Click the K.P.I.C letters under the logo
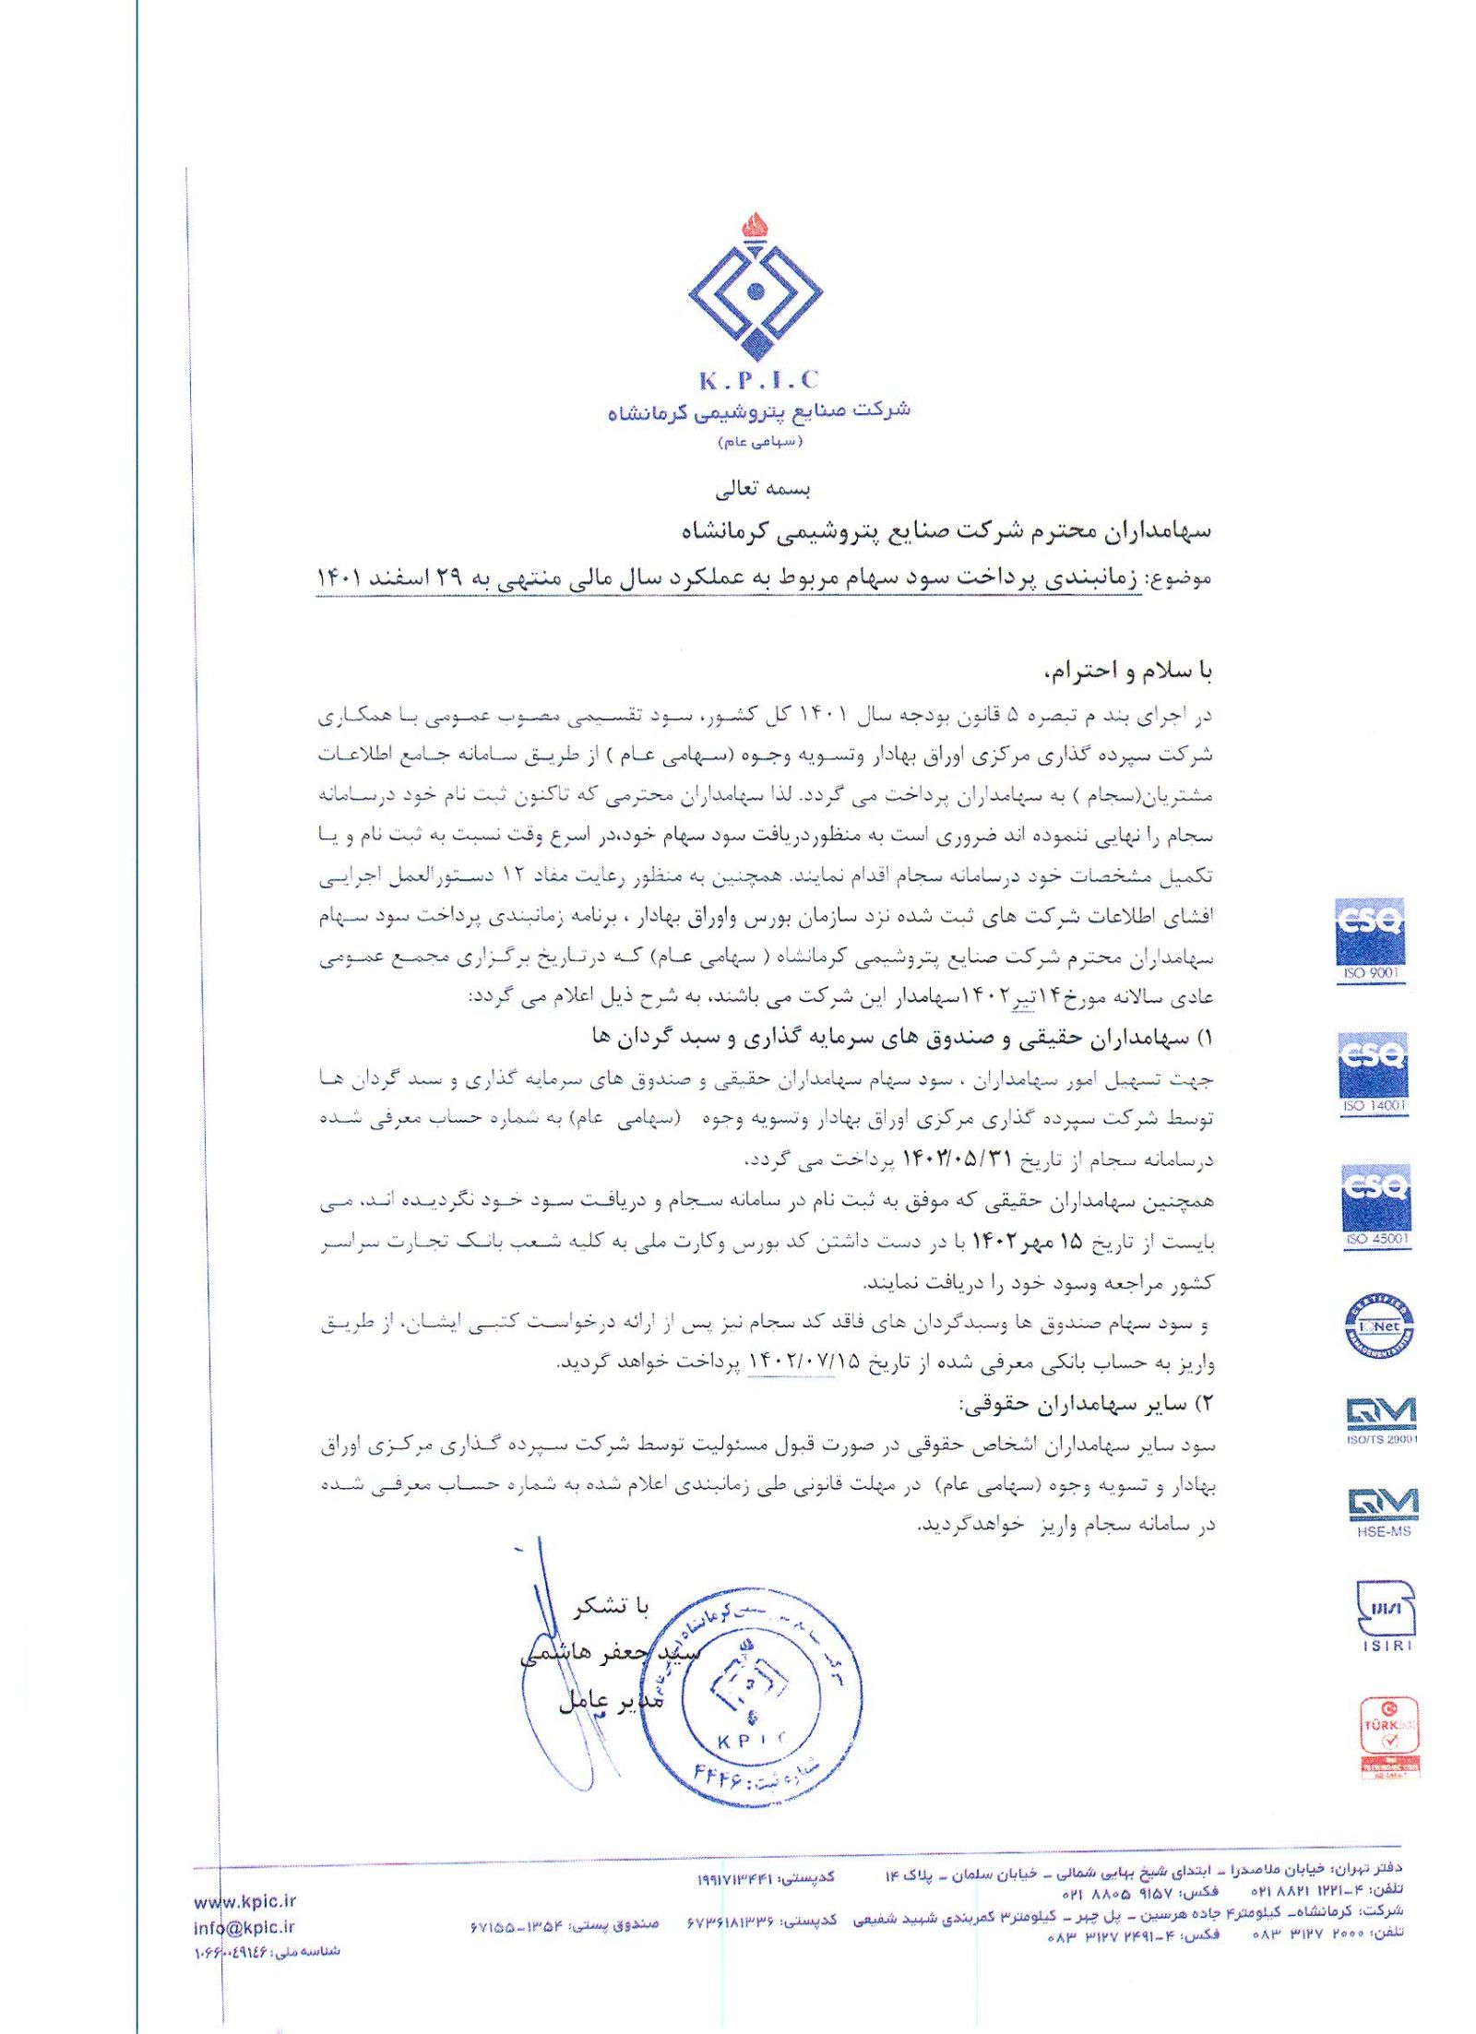758,379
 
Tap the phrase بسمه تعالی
762,489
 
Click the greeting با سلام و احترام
1126,671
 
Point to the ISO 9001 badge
1370,940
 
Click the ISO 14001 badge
1374,1074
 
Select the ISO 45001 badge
1375,1207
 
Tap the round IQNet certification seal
1378,1326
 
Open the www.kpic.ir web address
244,1901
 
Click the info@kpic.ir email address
244,1927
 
